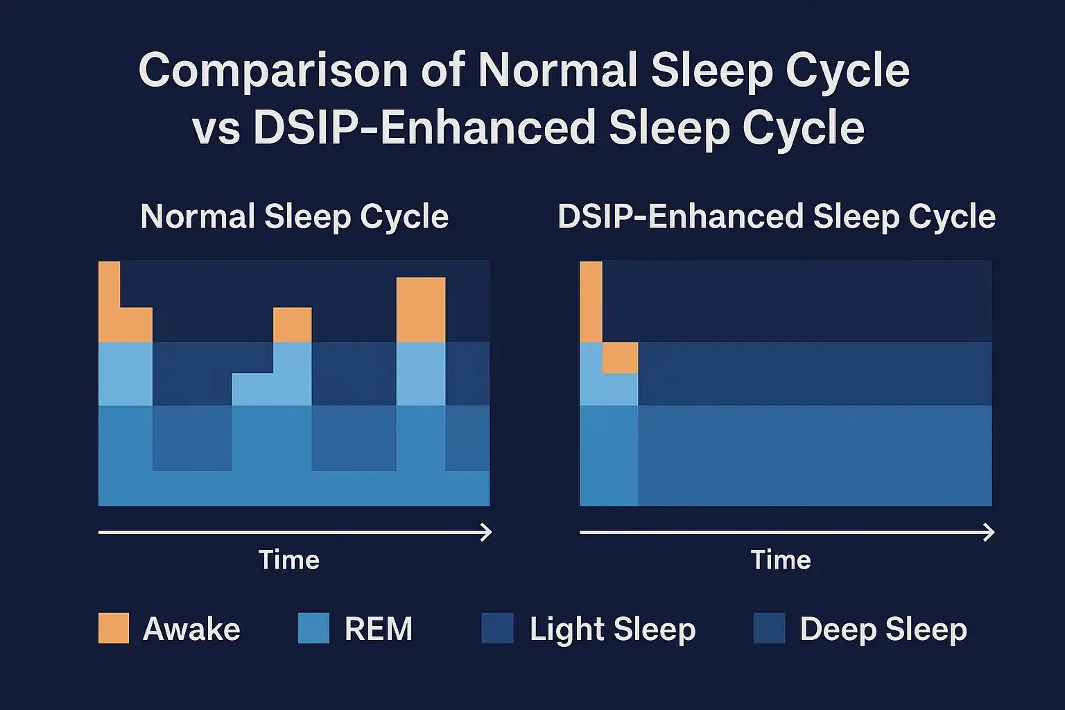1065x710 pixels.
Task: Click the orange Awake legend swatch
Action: (x=114, y=628)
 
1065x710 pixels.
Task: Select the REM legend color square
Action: (x=313, y=628)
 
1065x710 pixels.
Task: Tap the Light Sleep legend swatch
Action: (x=497, y=628)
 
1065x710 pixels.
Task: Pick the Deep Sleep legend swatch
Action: (x=769, y=628)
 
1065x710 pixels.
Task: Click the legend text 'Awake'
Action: (x=191, y=630)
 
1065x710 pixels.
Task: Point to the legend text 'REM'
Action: (x=379, y=630)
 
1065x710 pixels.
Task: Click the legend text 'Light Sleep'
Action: (x=612, y=630)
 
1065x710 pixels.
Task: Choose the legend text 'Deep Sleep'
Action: (x=883, y=630)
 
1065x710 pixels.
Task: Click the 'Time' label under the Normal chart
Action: (x=289, y=560)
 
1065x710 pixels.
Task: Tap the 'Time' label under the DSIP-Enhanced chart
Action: (x=781, y=560)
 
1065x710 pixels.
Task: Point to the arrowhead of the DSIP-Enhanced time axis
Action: (x=989, y=532)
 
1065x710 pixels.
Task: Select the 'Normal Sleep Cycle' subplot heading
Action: (x=295, y=217)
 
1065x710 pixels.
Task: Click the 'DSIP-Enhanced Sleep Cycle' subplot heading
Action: (x=777, y=217)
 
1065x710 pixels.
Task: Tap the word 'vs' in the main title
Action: (x=216, y=129)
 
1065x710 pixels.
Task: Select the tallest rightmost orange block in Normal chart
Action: (x=421, y=310)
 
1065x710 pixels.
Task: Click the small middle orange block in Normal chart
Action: (x=292, y=325)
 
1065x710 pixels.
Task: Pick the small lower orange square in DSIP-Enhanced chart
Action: (x=620, y=358)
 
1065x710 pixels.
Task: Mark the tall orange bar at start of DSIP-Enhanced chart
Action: (x=591, y=302)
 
